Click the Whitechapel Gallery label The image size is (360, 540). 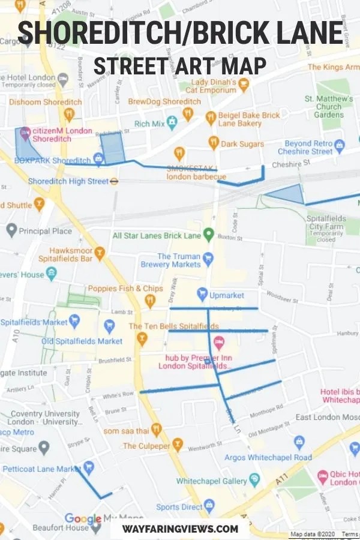[212, 481]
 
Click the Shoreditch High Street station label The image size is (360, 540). [68, 181]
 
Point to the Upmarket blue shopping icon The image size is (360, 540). [202, 295]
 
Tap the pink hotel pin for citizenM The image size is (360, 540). [25, 133]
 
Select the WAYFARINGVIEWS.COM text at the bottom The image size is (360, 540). [180, 529]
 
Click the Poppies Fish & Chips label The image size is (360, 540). [125, 288]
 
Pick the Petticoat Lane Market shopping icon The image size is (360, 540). [89, 466]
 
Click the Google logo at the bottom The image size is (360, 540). [83, 518]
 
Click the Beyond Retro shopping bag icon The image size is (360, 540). [339, 145]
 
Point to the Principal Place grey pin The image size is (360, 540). [11, 230]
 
